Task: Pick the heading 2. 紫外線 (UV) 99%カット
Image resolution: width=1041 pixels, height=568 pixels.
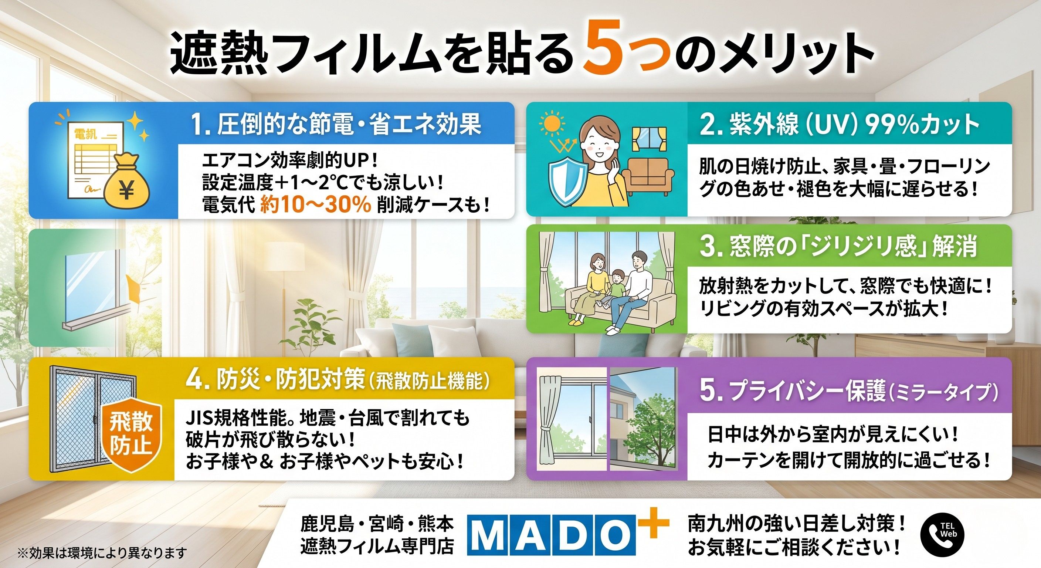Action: pyautogui.click(x=838, y=125)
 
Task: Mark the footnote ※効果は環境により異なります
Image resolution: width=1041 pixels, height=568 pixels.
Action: pyautogui.click(x=103, y=552)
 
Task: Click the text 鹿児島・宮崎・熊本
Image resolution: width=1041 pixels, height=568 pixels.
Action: pyautogui.click(x=377, y=525)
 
